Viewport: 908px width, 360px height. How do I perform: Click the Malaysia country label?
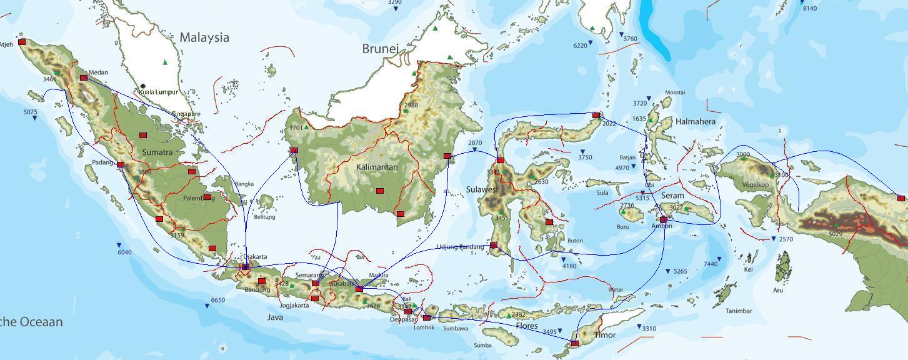pyautogui.click(x=204, y=37)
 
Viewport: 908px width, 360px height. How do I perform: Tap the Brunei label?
pyautogui.click(x=380, y=49)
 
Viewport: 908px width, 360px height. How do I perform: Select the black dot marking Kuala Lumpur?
pyautogui.click(x=143, y=86)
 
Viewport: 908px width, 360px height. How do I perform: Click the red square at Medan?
pyautogui.click(x=84, y=78)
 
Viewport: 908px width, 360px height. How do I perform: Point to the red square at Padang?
pyautogui.click(x=121, y=164)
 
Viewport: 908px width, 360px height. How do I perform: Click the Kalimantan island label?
pyautogui.click(x=377, y=167)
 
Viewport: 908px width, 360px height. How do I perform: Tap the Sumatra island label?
pyautogui.click(x=157, y=152)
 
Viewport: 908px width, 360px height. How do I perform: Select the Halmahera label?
pyautogui.click(x=695, y=121)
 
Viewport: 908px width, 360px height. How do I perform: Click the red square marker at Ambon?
pyautogui.click(x=663, y=219)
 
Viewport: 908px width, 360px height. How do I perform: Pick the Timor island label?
pyautogui.click(x=604, y=335)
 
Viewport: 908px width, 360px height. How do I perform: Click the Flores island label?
pyautogui.click(x=527, y=326)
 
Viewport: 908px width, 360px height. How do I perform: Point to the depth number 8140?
pyautogui.click(x=809, y=8)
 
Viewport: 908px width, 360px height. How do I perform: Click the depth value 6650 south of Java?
pyautogui.click(x=217, y=301)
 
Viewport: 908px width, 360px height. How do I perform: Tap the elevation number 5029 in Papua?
pyautogui.click(x=836, y=234)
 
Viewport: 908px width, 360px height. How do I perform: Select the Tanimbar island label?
pyautogui.click(x=738, y=311)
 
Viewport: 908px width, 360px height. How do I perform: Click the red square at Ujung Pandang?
pyautogui.click(x=494, y=245)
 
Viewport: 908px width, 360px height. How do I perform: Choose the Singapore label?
pyautogui.click(x=186, y=114)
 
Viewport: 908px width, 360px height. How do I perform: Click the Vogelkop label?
pyautogui.click(x=756, y=185)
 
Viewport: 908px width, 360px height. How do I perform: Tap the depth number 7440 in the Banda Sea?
pyautogui.click(x=711, y=264)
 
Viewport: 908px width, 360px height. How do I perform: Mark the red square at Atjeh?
pyautogui.click(x=22, y=42)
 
